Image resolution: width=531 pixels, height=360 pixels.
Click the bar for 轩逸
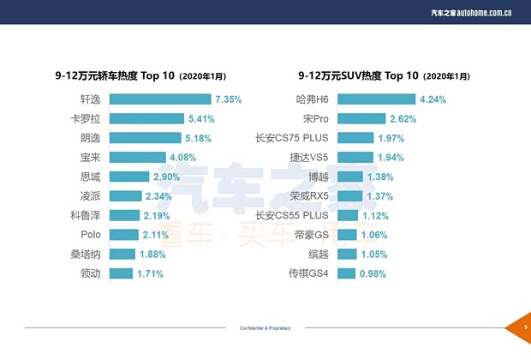[x=161, y=99]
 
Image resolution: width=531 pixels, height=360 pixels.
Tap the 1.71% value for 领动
[x=150, y=273]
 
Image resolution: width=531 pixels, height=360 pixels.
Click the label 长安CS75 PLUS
[x=292, y=138]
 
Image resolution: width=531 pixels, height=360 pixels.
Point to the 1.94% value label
[x=391, y=158]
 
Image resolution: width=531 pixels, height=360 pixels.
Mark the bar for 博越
[x=351, y=177]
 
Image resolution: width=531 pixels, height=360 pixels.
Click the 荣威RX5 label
[x=310, y=196]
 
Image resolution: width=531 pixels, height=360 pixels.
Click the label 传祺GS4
[x=310, y=273]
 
